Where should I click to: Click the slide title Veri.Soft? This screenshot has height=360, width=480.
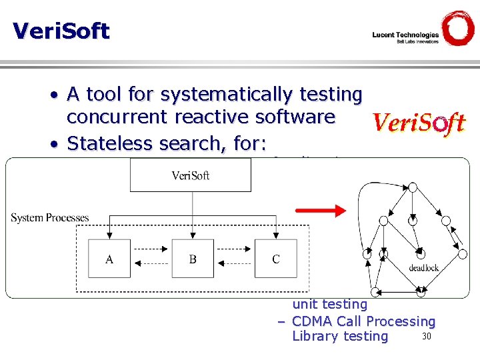[x=61, y=31]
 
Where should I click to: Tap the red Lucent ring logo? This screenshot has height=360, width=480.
[x=458, y=28]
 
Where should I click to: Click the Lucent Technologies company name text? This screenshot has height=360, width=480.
[x=405, y=35]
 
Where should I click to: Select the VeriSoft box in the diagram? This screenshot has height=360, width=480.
[x=191, y=175]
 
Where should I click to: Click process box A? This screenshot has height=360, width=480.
[x=109, y=259]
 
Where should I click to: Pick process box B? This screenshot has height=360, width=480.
[x=193, y=259]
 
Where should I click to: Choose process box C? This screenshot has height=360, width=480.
[x=276, y=259]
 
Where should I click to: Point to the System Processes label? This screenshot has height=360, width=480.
[x=50, y=218]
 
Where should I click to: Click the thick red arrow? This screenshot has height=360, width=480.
[x=321, y=211]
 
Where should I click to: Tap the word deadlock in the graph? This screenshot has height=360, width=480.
[x=425, y=268]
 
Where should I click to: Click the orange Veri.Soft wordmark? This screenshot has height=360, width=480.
[x=418, y=123]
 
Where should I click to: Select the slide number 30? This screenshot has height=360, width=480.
[x=427, y=335]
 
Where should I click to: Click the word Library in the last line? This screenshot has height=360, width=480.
[x=315, y=336]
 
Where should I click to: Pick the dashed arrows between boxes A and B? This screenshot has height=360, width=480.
[x=151, y=259]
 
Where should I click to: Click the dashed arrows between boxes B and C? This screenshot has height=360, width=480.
[x=234, y=259]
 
